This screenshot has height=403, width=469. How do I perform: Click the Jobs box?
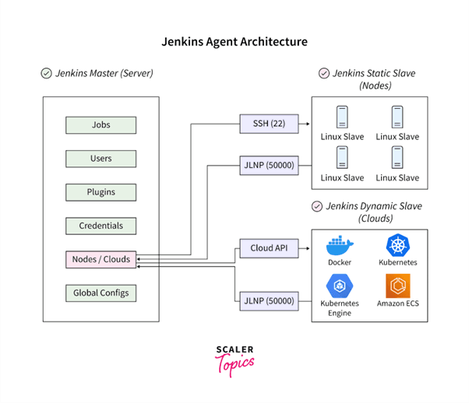(x=101, y=124)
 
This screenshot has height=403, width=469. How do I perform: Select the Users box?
(x=101, y=159)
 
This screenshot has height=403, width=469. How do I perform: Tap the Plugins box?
(x=101, y=192)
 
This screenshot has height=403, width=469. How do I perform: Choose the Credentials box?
(x=101, y=226)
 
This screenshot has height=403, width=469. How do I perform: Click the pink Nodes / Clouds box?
(x=101, y=259)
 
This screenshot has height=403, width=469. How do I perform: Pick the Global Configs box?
(x=101, y=293)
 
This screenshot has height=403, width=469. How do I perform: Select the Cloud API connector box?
(x=267, y=249)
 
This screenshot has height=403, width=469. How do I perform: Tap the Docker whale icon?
(x=340, y=245)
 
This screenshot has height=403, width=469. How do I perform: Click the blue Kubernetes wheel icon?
(x=397, y=244)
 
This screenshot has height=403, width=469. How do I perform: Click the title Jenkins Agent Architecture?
(x=234, y=41)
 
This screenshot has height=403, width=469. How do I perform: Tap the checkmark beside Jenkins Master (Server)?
(x=46, y=74)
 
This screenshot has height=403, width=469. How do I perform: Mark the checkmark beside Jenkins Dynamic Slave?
(x=316, y=207)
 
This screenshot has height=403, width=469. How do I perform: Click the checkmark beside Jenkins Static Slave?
(x=323, y=74)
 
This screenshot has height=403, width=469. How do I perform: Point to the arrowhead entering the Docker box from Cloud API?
(x=308, y=249)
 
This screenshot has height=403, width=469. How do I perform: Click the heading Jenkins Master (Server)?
(x=104, y=74)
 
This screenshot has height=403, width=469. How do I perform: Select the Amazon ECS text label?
(x=397, y=303)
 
